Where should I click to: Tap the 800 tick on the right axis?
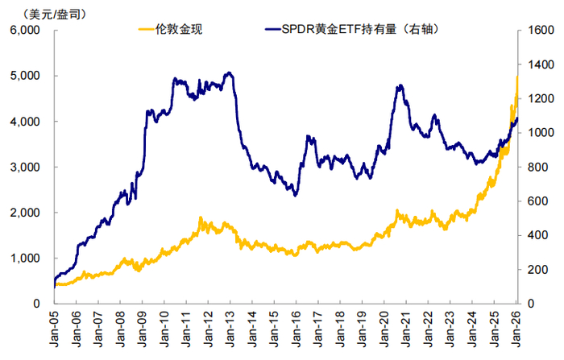tap(534, 168)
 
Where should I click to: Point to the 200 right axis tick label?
tap(534, 270)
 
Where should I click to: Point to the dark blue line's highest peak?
tap(230, 73)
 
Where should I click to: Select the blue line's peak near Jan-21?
tap(400, 85)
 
